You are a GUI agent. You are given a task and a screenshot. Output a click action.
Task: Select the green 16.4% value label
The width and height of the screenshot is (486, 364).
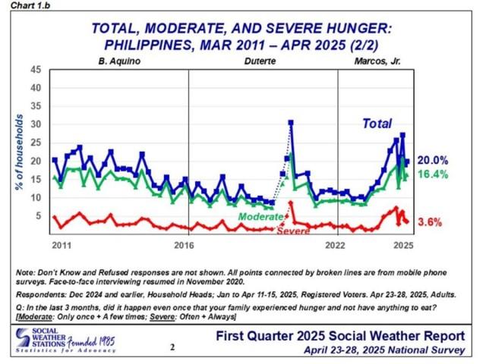coord(434,175)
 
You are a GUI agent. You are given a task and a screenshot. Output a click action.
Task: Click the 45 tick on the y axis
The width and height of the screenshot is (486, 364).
coord(36,69)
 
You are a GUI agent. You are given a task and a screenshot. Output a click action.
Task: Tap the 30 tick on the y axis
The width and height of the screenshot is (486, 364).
coord(36,124)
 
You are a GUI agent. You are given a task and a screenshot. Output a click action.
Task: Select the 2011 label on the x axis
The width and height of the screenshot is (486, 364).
coord(62,246)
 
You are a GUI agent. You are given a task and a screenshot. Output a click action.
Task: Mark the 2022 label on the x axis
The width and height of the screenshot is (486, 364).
coord(335,246)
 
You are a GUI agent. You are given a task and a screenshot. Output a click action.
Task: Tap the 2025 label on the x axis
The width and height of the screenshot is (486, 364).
coord(402,246)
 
